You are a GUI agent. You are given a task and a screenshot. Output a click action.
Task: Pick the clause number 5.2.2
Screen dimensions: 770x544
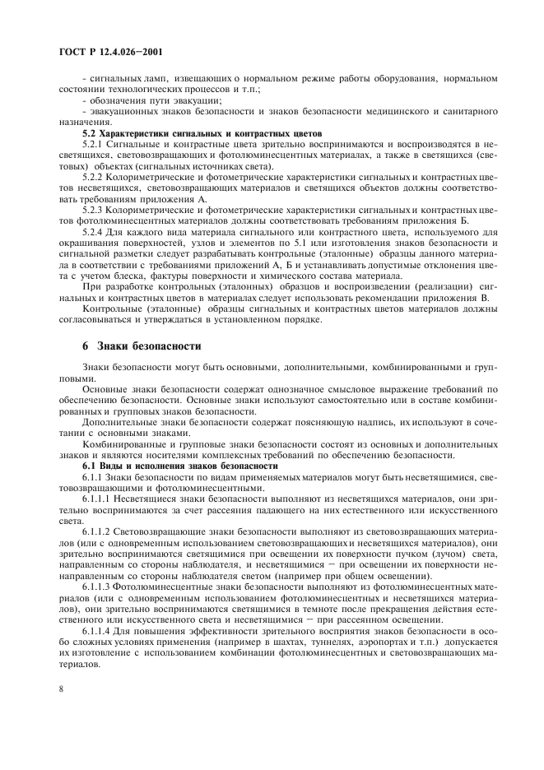coord(94,177)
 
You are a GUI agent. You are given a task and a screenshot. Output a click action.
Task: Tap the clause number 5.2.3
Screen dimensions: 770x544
coord(94,211)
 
